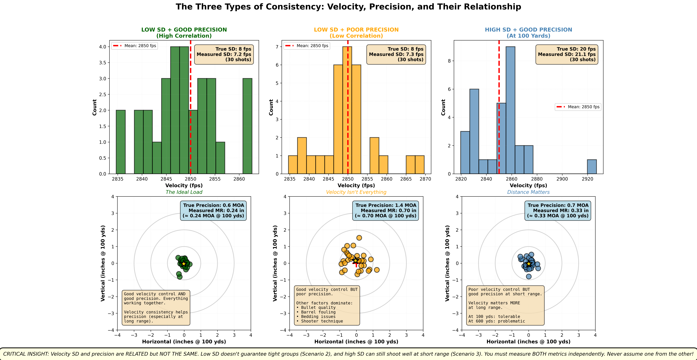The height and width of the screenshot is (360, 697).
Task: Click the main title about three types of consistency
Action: click(x=348, y=7)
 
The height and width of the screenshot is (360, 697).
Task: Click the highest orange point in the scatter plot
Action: click(x=359, y=238)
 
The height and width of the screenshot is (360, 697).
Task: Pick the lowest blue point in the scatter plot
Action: click(x=529, y=276)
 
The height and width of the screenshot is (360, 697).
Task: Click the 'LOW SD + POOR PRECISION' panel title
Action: click(x=356, y=30)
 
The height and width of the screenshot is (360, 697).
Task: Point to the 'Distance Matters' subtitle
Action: click(x=528, y=192)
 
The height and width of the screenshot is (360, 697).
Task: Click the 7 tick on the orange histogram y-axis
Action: click(x=277, y=47)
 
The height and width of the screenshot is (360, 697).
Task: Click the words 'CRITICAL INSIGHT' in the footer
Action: click(x=26, y=354)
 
